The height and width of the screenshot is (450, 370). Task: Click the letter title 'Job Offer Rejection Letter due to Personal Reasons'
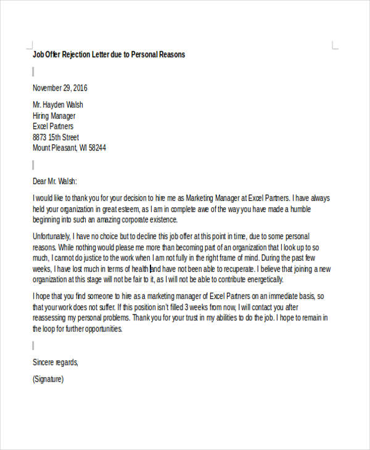point(109,54)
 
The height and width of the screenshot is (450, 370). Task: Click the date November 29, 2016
point(60,88)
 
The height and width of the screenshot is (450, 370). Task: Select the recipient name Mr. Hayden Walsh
point(57,104)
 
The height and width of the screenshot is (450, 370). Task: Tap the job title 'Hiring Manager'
point(54,115)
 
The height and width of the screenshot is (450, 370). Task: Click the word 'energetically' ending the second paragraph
point(263,279)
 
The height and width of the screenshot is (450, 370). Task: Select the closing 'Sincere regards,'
point(55,362)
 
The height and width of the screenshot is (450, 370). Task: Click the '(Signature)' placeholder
point(47,379)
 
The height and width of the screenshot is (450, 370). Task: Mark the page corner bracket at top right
point(335,45)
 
